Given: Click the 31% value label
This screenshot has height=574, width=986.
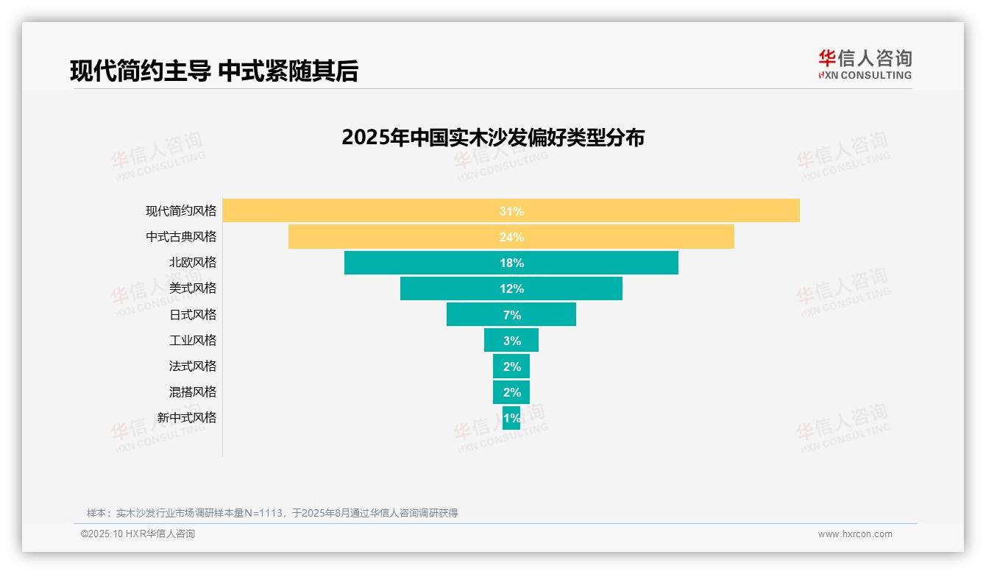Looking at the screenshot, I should click(511, 211).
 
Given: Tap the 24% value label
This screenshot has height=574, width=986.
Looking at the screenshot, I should click(511, 237).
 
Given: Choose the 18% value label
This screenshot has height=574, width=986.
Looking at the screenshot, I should click(511, 263).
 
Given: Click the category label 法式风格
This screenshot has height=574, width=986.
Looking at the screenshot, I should click(193, 366).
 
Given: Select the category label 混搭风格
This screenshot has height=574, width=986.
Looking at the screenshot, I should click(193, 391).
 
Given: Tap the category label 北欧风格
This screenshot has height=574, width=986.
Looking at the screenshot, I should click(193, 262).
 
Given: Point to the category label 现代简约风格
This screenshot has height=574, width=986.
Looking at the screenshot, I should click(181, 210).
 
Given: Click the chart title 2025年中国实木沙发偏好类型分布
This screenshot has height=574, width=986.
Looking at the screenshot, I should click(493, 138).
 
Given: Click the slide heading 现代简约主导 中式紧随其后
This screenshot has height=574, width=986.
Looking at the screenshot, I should click(213, 71).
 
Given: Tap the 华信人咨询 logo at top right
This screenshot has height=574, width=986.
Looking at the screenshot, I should click(865, 64).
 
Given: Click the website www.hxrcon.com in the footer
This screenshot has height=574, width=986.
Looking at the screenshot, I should click(855, 534).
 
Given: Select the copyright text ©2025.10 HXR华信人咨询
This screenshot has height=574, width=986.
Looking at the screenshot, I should click(138, 534).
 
